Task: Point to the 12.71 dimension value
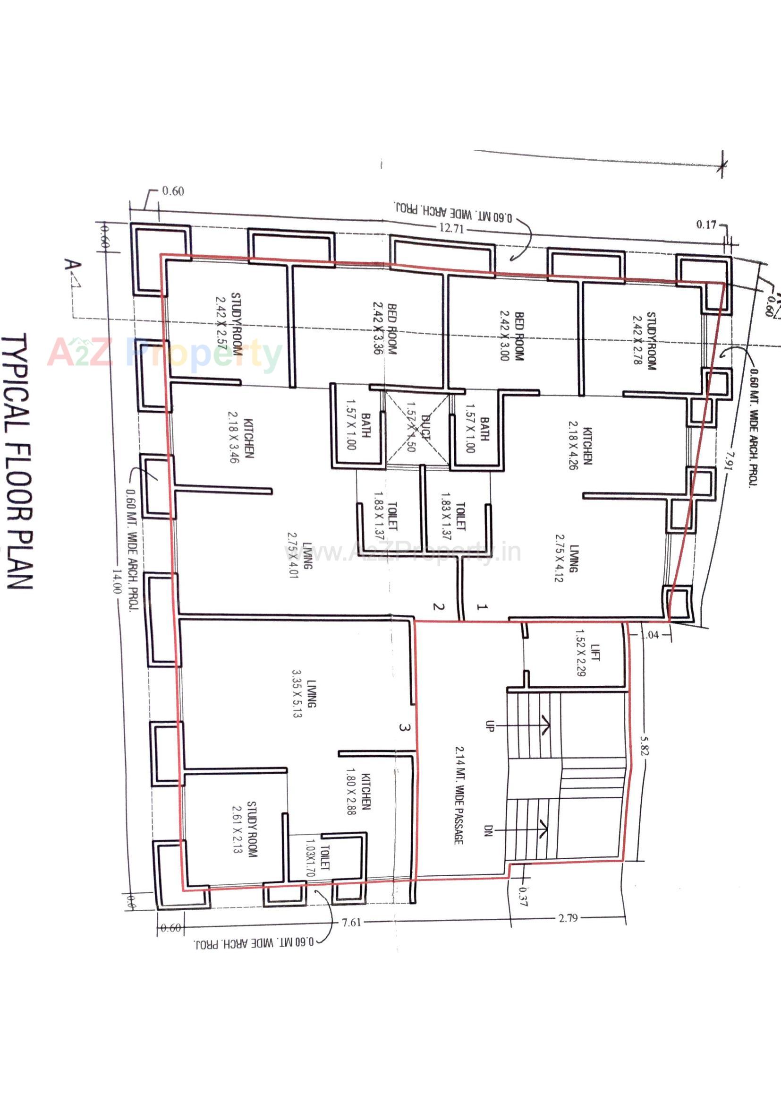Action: pyautogui.click(x=451, y=228)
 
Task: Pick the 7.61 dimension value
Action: pyautogui.click(x=351, y=922)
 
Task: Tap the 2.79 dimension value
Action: pyautogui.click(x=568, y=918)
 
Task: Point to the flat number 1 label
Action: pyautogui.click(x=482, y=607)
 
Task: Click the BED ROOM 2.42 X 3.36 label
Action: pyautogui.click(x=385, y=328)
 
